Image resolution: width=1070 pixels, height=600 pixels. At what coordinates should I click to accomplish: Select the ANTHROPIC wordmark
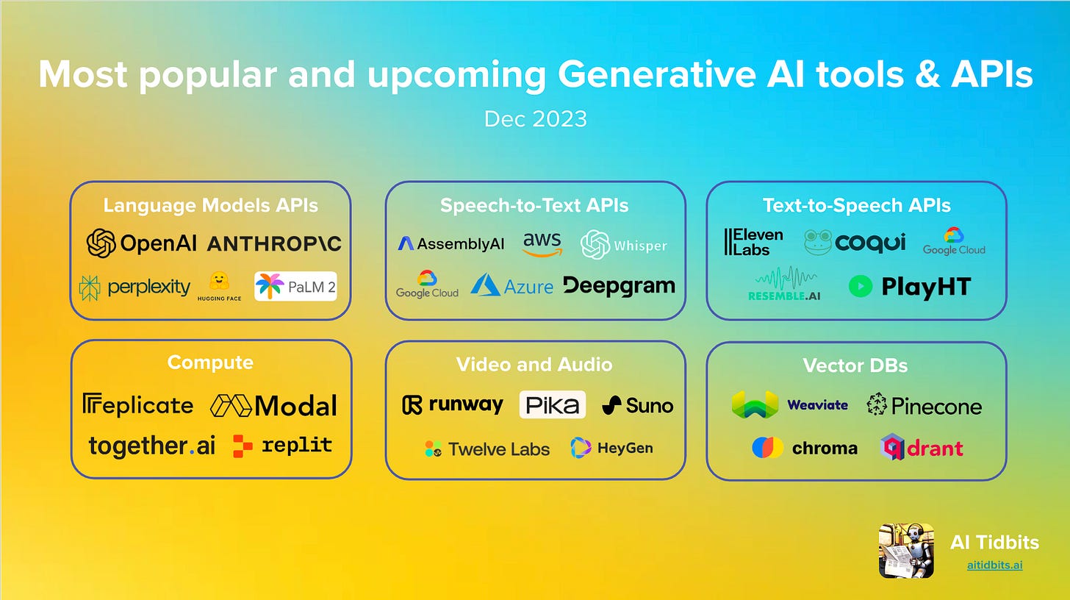[274, 244]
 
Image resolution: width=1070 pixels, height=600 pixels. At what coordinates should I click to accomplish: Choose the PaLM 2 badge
[295, 286]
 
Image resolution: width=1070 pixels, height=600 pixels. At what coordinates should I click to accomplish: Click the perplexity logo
[134, 287]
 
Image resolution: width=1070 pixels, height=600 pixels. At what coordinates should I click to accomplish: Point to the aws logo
[542, 244]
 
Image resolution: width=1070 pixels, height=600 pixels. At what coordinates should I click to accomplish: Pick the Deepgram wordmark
[619, 285]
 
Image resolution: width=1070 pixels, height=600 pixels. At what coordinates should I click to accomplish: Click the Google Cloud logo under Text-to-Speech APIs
[954, 241]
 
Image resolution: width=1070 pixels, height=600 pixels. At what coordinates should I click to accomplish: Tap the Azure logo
[511, 285]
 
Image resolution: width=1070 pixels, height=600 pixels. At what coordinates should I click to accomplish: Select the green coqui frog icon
[817, 243]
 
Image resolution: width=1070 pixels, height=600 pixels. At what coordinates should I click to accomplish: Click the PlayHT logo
[909, 286]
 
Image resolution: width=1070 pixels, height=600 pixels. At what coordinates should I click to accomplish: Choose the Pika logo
[552, 404]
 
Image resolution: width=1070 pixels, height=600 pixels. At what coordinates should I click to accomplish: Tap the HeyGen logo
[611, 447]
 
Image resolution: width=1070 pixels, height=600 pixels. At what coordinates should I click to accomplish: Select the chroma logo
[804, 447]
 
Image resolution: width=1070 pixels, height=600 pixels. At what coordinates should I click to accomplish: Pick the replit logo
[282, 446]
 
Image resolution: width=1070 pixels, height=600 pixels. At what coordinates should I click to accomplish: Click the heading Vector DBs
[855, 365]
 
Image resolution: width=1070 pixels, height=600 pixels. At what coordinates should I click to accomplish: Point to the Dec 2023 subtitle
[535, 118]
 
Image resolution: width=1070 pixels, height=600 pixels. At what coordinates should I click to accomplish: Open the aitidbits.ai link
[994, 565]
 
